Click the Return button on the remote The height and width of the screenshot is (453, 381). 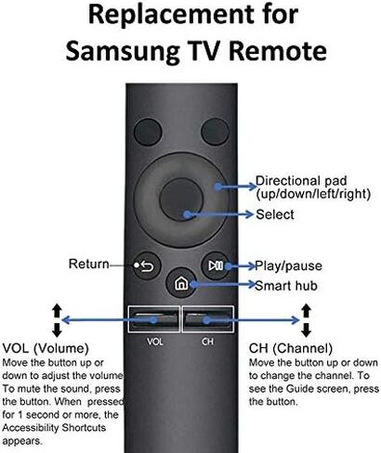147,265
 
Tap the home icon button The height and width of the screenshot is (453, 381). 181,283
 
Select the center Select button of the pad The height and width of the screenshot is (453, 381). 181,200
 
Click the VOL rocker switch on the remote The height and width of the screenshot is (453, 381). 154,319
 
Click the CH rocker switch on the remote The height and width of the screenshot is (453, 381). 208,319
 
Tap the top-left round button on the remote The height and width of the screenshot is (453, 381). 148,132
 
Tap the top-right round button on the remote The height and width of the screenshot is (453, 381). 215,132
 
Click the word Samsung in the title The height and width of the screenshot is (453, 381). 123,52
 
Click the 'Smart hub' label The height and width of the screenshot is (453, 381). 286,286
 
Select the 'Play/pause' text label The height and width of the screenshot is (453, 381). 288,265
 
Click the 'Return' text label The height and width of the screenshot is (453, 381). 89,264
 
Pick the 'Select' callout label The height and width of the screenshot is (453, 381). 275,214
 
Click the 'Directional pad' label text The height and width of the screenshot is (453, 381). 301,181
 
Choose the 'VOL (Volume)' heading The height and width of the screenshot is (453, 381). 46,348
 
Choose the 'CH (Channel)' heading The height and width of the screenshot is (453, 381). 291,348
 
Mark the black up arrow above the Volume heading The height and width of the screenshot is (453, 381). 57,311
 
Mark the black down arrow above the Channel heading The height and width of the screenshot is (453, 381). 306,330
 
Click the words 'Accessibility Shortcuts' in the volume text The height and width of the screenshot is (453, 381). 54,428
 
